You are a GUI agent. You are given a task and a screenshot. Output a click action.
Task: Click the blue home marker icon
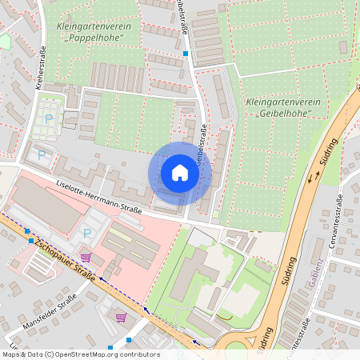[x=180, y=174]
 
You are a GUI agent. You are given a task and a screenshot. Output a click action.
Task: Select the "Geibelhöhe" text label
[x=285, y=114]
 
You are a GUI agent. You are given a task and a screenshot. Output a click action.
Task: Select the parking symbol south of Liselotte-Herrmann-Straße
[x=87, y=233]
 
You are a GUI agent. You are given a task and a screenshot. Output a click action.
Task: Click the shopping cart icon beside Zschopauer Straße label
[x=86, y=258]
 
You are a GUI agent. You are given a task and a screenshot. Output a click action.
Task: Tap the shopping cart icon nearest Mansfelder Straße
[x=121, y=317]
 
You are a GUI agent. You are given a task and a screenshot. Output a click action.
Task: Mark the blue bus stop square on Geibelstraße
[x=186, y=54]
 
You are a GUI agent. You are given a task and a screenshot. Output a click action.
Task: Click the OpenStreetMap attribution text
[x=80, y=354]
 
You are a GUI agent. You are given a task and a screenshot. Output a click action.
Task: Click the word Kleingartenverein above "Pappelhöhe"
[x=94, y=26]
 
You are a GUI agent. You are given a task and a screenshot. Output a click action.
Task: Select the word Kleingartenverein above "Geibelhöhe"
[x=284, y=102]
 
